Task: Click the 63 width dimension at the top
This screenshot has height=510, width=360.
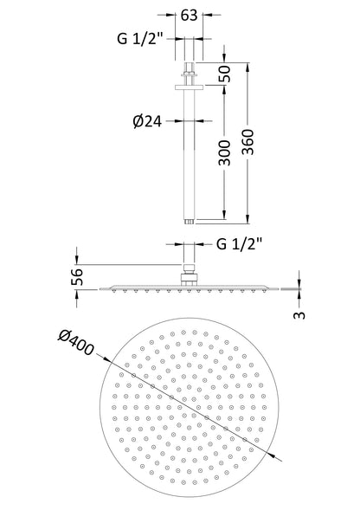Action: pos(189,15)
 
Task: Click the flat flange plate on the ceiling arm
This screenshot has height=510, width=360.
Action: pos(189,84)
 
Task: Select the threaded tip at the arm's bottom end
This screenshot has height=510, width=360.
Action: pos(189,222)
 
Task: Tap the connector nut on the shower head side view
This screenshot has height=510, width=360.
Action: pos(189,278)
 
